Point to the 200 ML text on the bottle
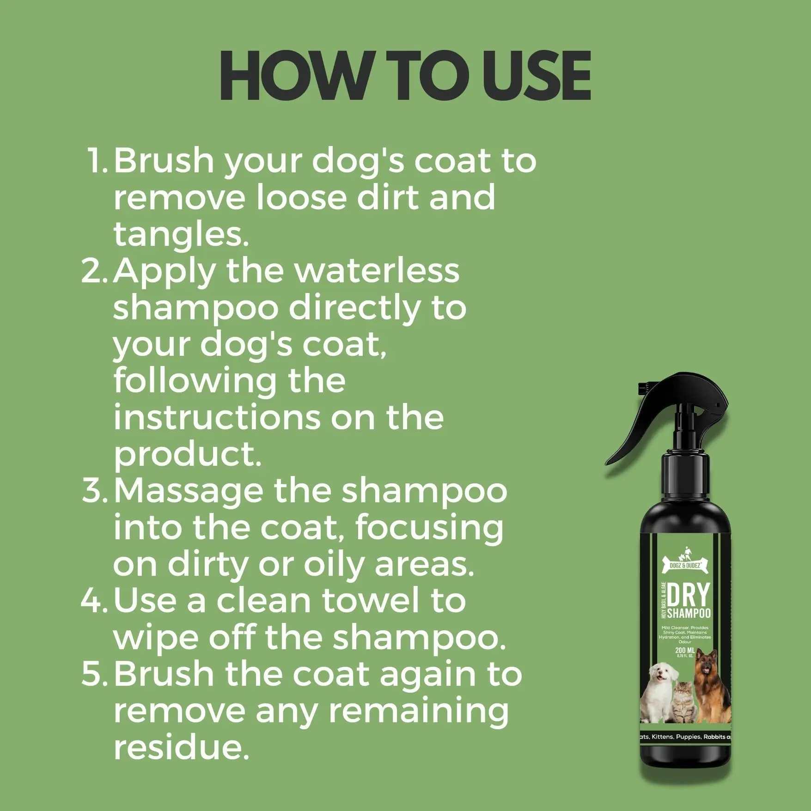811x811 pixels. click(x=685, y=650)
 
